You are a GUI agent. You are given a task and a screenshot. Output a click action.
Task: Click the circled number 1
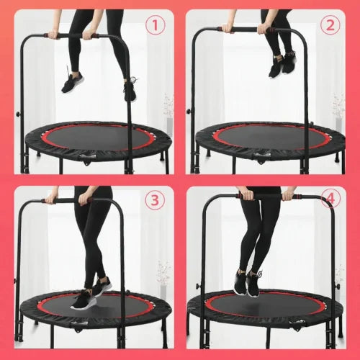[156, 25]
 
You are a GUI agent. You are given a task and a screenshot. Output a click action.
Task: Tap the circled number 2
[330, 25]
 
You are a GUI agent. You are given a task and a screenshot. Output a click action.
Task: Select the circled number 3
[155, 200]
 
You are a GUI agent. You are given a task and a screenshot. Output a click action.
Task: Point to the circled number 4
[330, 198]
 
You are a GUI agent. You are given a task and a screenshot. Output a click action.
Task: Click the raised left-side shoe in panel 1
[72, 82]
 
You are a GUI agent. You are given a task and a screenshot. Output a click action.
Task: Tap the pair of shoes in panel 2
[283, 63]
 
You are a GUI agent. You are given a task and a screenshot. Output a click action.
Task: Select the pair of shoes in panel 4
[248, 283]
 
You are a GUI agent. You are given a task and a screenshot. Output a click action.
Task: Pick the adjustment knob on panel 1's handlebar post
[17, 113]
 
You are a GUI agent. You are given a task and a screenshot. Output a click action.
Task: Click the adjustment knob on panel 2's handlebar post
[189, 111]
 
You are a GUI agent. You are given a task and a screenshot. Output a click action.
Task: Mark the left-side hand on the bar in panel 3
[50, 199]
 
